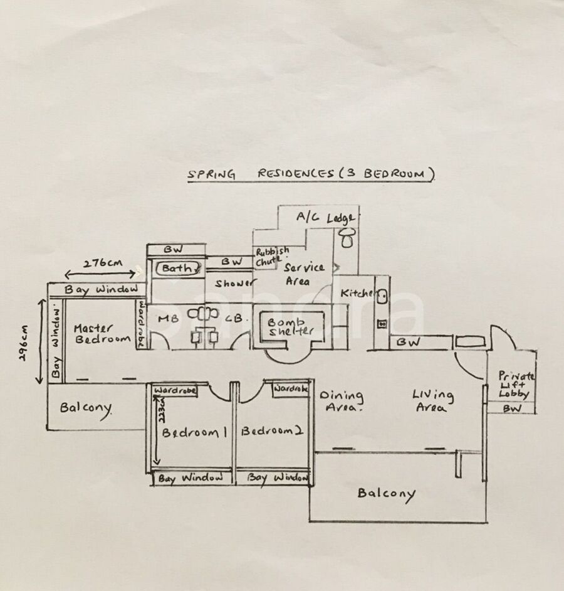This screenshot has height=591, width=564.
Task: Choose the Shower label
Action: coord(234,284)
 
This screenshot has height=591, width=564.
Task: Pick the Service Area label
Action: coord(304,274)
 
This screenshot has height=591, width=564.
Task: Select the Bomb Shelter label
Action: coord(290,325)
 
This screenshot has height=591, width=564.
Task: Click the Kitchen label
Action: coord(357,293)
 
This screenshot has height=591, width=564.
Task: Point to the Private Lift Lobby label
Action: coord(516,384)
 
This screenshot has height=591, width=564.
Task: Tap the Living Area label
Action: coord(432,401)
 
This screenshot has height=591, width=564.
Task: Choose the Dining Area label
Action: coord(341,401)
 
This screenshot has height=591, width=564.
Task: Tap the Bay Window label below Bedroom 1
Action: coord(190,478)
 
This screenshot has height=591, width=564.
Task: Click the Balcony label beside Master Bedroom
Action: coord(86,408)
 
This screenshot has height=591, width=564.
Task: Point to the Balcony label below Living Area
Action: coord(386,493)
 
